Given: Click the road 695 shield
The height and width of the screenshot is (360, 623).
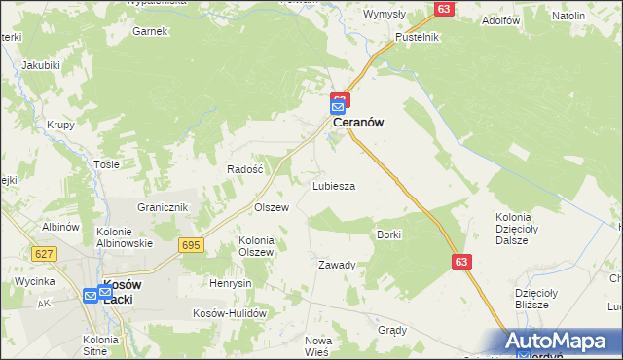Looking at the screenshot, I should (191, 246).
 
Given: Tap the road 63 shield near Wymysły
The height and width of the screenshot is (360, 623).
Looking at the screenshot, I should (444, 9).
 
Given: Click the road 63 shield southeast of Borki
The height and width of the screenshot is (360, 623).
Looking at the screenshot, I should (462, 262).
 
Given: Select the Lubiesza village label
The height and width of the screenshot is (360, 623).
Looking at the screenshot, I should (333, 185).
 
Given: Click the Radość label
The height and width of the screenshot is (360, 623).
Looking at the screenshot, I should (245, 168).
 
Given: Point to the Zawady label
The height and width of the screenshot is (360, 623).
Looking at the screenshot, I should (337, 265).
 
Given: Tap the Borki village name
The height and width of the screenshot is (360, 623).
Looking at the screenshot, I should (388, 234).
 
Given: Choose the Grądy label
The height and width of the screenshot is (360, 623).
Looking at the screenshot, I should (392, 330).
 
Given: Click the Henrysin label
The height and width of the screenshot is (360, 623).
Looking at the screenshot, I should (231, 283).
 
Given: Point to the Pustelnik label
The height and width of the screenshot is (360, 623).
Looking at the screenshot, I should (418, 37).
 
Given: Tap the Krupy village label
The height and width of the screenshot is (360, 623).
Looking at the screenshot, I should (61, 126).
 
